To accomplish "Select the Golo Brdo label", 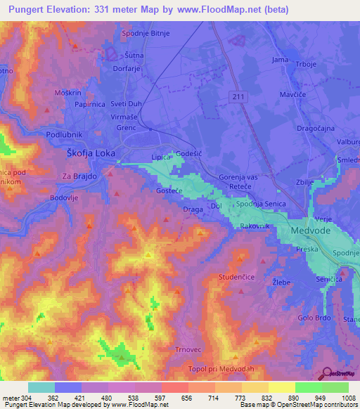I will pos(314,318).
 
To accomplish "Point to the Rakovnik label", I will pos(255,226).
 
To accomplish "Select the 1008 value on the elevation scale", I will pos(340,398).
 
